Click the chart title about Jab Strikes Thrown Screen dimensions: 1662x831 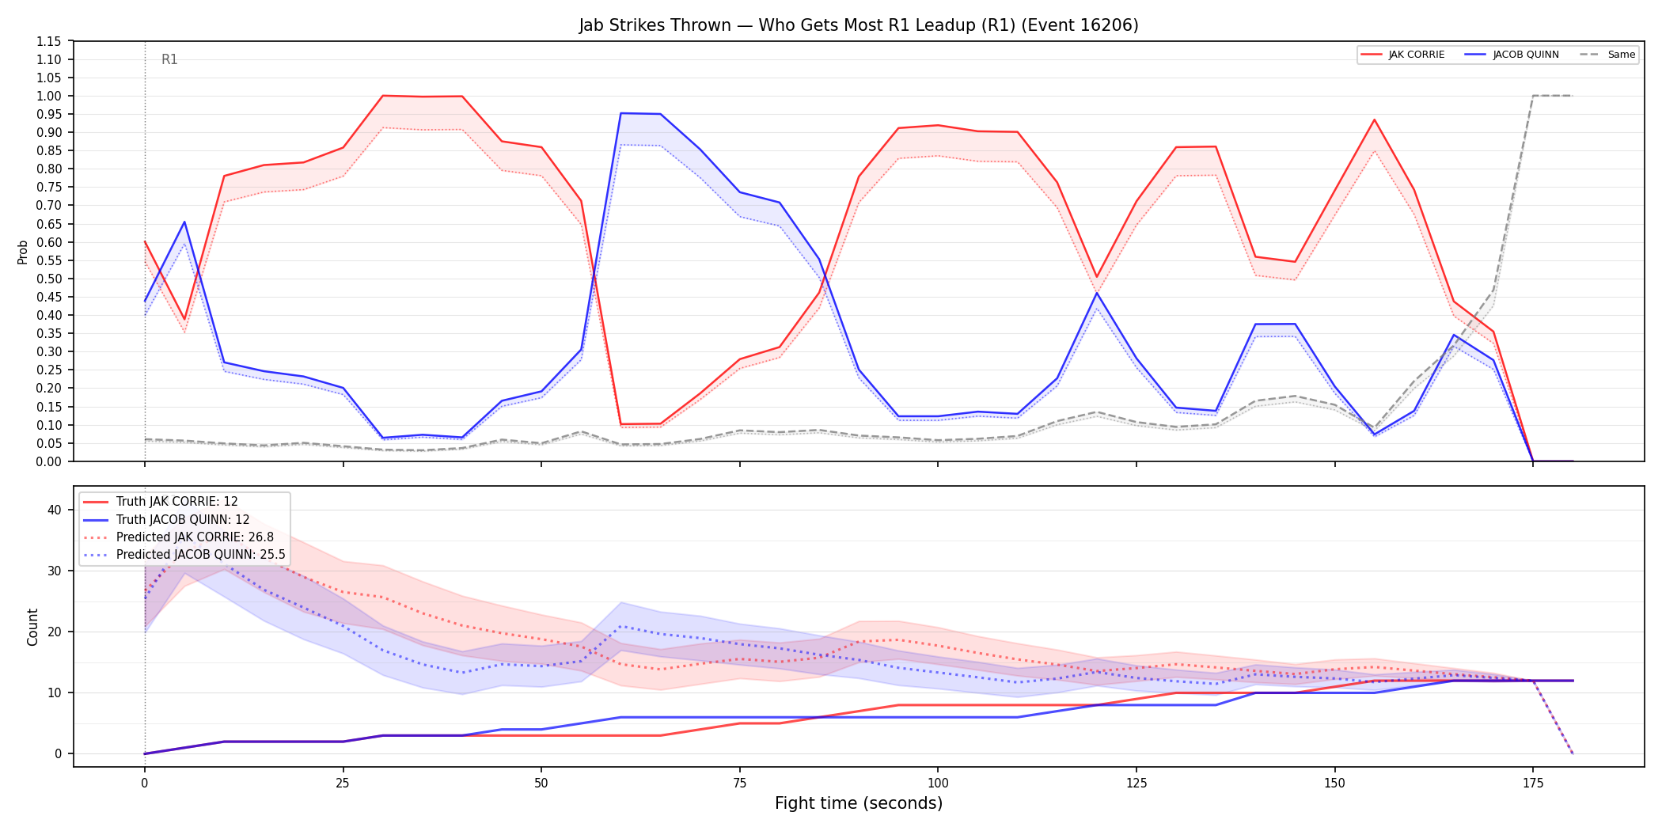click(x=859, y=25)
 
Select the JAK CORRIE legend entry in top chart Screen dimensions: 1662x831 click(x=1402, y=55)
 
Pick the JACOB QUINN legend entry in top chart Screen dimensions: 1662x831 click(x=1512, y=55)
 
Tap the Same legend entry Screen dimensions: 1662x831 click(x=1607, y=55)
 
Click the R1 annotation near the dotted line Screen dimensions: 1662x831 click(x=169, y=59)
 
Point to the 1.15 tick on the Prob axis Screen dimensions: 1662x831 click(x=49, y=41)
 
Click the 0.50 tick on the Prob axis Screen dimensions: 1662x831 click(x=49, y=279)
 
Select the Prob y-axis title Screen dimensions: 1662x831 click(x=23, y=252)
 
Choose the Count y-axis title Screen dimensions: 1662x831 click(x=32, y=627)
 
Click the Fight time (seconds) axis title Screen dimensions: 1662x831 click(x=859, y=803)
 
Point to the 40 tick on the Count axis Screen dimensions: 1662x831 click(x=54, y=510)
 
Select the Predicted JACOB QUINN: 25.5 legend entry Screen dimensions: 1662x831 click(x=184, y=555)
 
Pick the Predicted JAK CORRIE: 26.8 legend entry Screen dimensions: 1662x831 click(x=178, y=537)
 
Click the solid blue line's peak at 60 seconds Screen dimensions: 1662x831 click(x=621, y=113)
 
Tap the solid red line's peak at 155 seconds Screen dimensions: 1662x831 click(x=1375, y=120)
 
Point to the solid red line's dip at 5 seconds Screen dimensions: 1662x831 click(x=184, y=319)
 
